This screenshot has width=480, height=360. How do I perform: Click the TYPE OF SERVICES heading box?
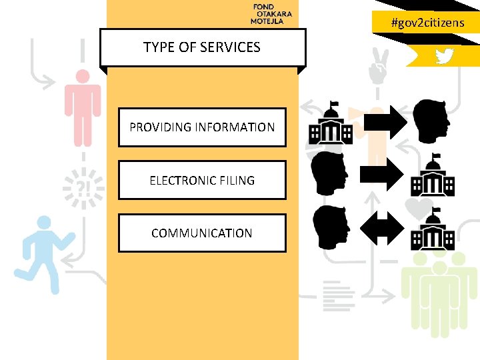202,47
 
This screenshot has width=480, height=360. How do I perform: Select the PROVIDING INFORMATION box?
202,127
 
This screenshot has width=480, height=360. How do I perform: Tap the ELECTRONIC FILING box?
202,180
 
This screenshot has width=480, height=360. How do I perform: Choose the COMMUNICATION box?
202,233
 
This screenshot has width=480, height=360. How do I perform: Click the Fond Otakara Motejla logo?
271,14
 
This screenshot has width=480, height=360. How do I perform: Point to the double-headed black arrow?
382,229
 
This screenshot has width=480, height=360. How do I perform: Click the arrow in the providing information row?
383,122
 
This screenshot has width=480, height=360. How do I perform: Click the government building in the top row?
331,123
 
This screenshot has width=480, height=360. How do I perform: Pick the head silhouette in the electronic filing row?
329,174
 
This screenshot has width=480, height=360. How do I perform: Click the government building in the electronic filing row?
433,176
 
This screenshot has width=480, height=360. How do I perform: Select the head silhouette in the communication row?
330,227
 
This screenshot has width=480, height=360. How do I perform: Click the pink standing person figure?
83,107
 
